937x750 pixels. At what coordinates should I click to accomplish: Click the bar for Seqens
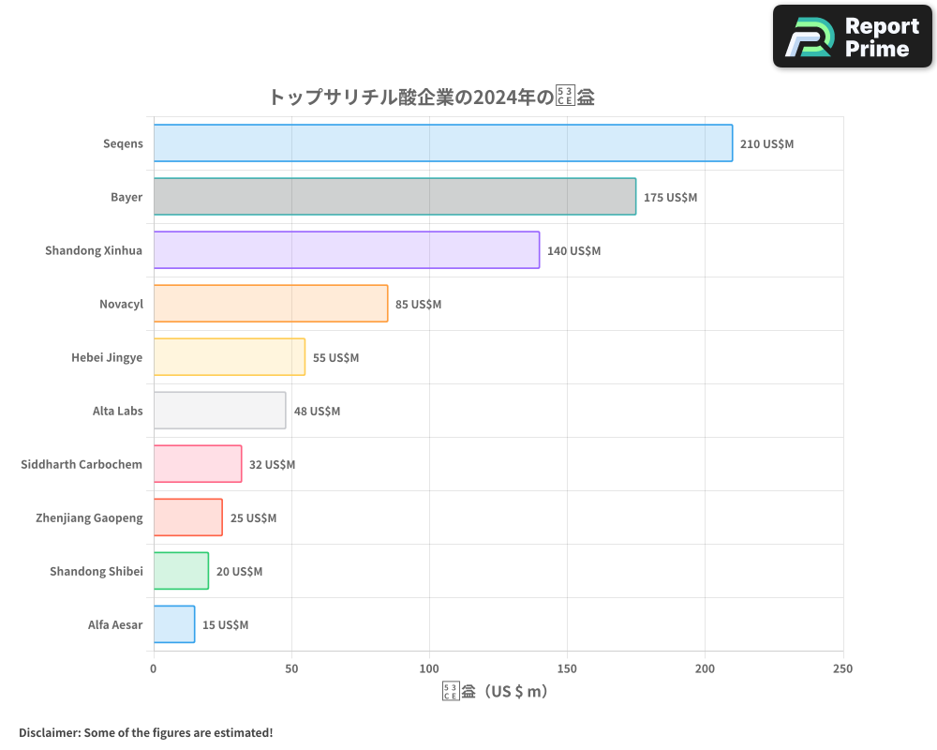tap(442, 143)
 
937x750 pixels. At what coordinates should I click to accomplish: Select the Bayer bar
tap(394, 197)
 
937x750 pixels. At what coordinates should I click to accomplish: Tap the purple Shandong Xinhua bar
tap(347, 250)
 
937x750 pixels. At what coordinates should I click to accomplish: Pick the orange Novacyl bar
tap(271, 304)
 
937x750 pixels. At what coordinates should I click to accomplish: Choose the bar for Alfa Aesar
tap(174, 624)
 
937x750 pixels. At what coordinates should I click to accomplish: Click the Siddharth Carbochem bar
tap(198, 464)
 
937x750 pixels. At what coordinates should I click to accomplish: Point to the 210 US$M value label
tap(766, 144)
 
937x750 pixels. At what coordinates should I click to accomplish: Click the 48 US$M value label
tap(317, 412)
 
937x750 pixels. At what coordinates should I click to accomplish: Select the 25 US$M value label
tap(253, 518)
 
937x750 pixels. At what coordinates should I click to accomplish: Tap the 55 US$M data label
tap(335, 358)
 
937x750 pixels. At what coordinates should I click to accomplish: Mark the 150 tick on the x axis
tap(567, 668)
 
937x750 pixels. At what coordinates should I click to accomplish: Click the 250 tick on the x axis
tap(842, 668)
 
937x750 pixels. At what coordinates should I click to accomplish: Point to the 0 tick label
tap(154, 668)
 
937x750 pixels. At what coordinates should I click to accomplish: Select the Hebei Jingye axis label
tap(107, 357)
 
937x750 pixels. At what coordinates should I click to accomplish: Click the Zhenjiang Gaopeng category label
tap(89, 517)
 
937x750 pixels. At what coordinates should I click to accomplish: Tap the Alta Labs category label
tap(117, 411)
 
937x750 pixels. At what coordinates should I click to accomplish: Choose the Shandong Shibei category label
tap(97, 571)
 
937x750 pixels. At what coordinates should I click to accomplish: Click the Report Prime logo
tap(852, 37)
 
